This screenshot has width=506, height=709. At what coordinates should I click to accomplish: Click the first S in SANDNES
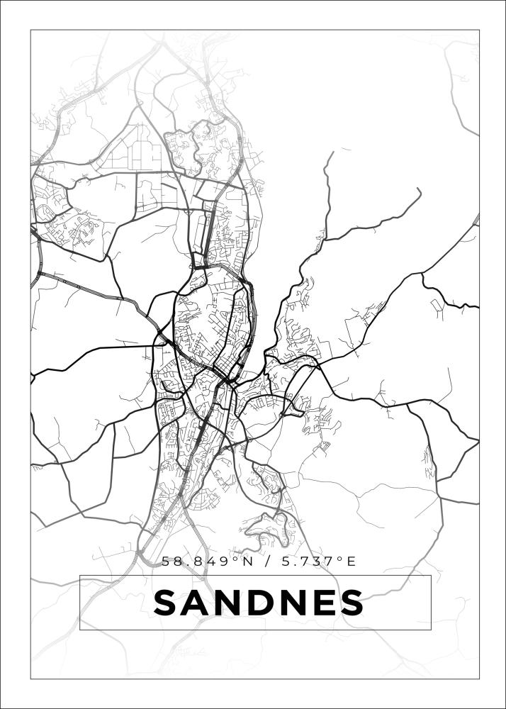coord(167,603)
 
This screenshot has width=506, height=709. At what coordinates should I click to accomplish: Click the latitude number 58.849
coord(191,562)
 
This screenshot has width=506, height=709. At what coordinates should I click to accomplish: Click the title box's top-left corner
coord(79,575)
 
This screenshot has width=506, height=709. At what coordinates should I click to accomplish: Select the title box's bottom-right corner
coord(431,630)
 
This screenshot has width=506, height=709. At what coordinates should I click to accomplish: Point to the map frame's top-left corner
coord(30,30)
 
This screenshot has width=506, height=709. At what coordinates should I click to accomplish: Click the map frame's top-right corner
coord(479,30)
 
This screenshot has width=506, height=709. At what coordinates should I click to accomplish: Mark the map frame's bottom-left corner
coord(30,679)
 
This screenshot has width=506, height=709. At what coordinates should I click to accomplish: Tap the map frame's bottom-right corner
coord(479,679)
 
